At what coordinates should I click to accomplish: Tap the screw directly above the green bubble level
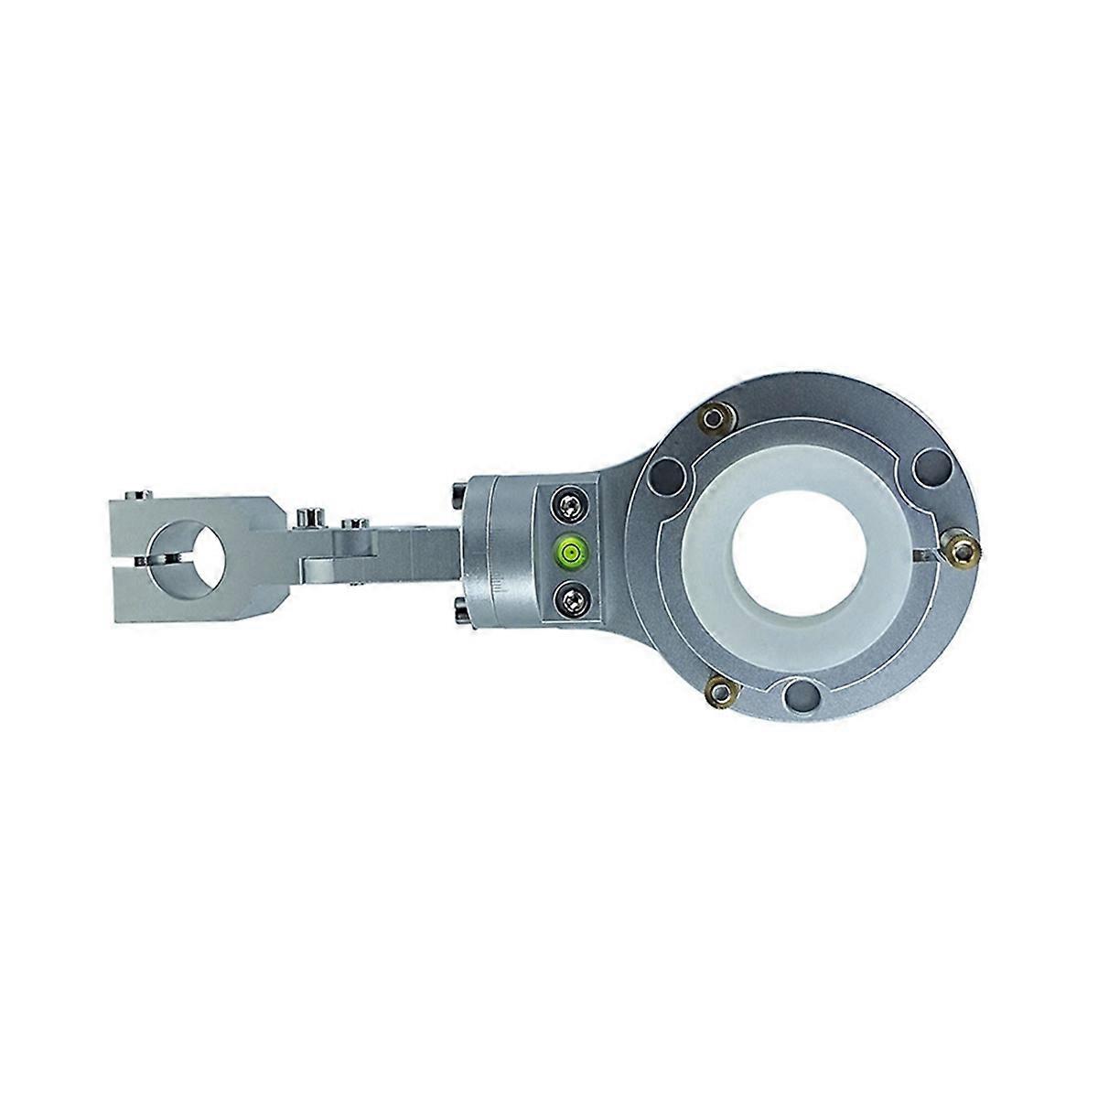tap(568, 502)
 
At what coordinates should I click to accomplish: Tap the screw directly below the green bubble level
tap(568, 599)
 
